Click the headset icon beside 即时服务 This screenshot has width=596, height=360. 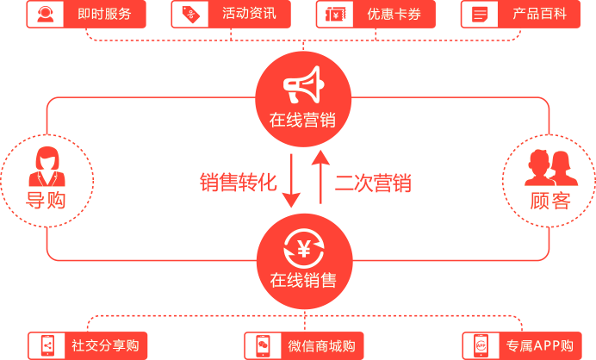46,14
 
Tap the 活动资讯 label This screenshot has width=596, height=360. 249,14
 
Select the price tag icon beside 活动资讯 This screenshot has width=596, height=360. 190,15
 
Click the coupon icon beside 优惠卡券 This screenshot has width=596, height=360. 335,15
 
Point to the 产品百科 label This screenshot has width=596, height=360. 539,14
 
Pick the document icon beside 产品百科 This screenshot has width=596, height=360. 480,15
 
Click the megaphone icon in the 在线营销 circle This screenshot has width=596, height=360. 304,84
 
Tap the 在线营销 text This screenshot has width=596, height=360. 302,120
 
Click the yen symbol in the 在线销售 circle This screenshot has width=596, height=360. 304,249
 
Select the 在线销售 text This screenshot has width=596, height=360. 303,281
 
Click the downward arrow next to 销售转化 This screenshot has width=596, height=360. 291,181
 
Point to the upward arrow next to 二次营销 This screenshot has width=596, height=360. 320,177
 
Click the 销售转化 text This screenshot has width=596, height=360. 239,182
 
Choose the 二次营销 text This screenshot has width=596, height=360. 373,183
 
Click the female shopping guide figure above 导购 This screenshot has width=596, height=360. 47,166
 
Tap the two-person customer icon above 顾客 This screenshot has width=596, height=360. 551,168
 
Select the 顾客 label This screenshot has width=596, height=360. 550,201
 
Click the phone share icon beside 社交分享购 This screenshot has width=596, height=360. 47,346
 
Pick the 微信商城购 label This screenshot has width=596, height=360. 321,346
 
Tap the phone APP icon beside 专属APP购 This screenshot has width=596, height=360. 481,345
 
